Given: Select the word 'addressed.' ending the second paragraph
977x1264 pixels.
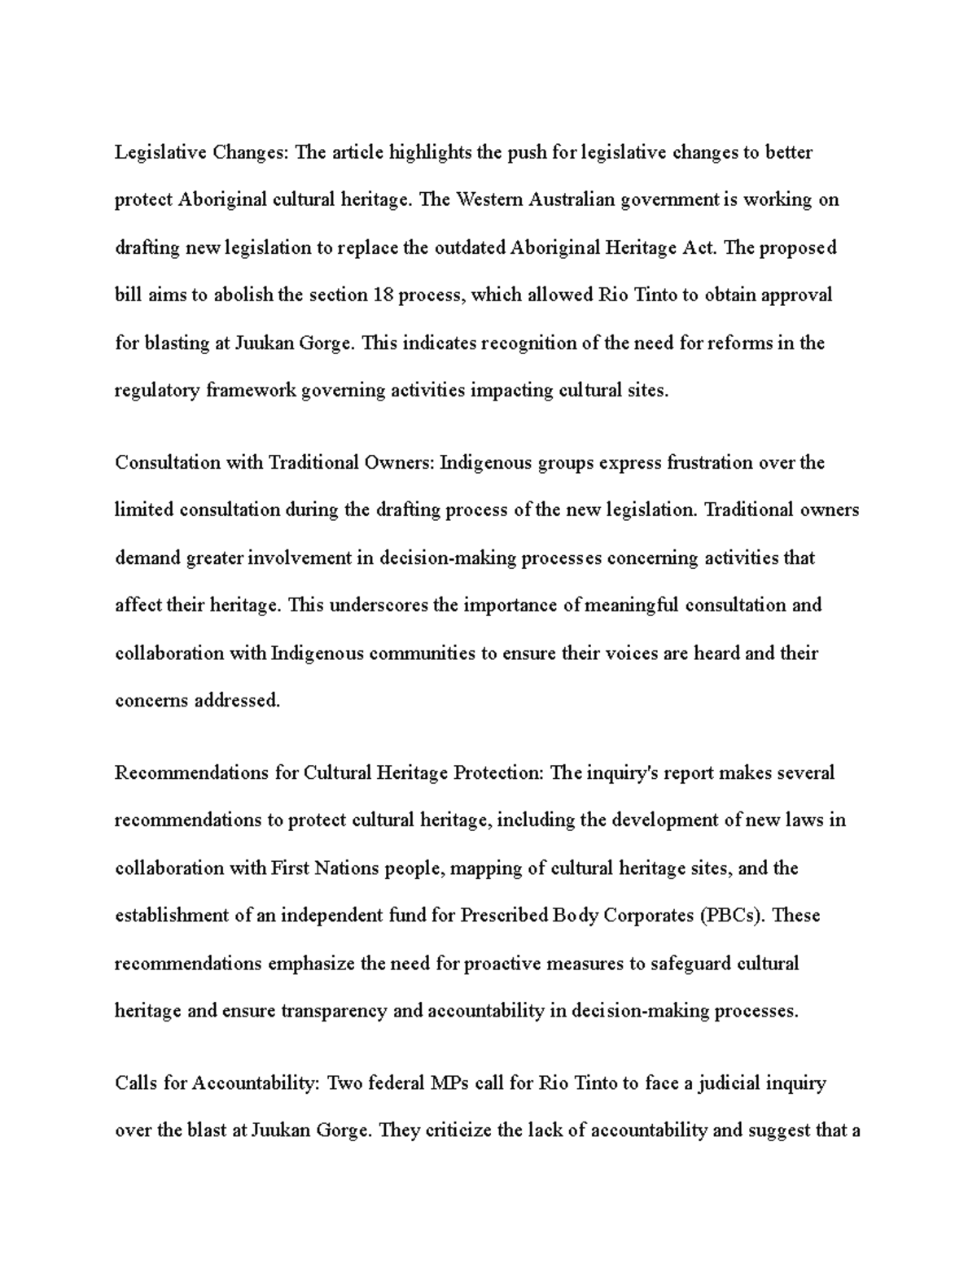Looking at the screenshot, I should (x=237, y=701).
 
